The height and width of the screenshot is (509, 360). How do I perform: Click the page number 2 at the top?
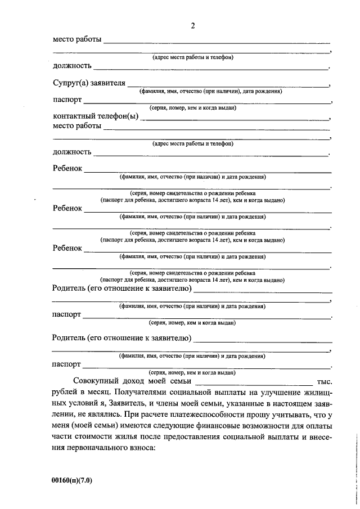tap(193, 26)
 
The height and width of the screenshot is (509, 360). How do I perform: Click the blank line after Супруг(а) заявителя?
tap(228, 86)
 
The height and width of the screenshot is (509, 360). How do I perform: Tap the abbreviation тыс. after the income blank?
tap(326, 381)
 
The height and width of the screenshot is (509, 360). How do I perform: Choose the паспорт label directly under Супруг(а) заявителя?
tap(67, 100)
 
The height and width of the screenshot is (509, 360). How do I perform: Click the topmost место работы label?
tap(77, 40)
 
